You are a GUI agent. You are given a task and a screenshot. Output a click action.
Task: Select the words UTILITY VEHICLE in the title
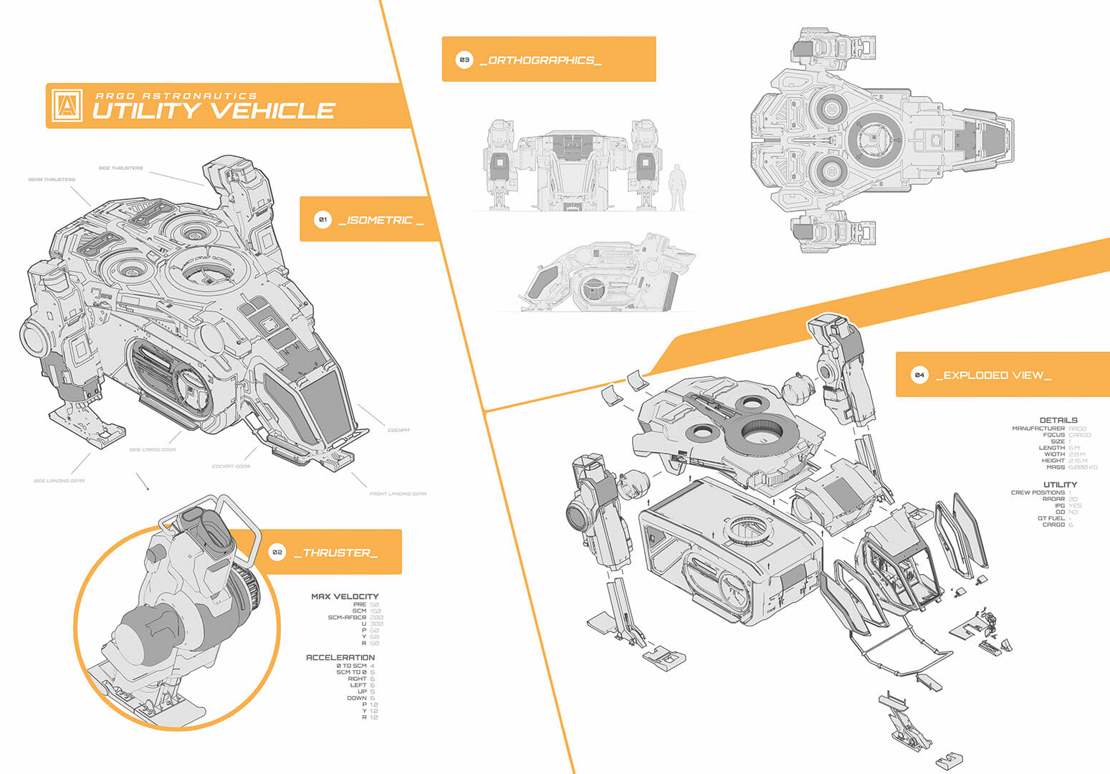tap(214, 110)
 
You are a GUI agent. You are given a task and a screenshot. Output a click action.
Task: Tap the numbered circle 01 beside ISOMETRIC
tap(322, 219)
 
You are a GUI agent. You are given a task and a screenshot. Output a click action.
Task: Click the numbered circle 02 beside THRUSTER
tap(277, 553)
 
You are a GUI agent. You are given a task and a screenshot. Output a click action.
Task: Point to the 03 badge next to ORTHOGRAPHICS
tap(464, 60)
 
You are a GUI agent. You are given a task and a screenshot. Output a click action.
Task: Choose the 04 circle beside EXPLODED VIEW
tap(919, 375)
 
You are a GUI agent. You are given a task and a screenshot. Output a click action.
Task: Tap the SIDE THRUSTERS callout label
tap(120, 168)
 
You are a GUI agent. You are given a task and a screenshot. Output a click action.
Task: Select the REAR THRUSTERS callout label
tap(52, 180)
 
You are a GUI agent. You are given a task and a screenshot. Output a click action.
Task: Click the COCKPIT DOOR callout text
tap(231, 467)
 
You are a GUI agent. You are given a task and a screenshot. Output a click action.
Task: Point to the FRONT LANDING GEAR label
tap(398, 494)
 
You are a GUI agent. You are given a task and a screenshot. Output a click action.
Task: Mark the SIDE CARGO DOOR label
tap(152, 450)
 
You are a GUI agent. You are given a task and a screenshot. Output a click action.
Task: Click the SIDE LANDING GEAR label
tap(59, 481)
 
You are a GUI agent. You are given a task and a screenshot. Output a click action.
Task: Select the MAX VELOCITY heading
tap(345, 596)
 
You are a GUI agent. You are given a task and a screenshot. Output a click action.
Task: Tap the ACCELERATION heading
tap(340, 657)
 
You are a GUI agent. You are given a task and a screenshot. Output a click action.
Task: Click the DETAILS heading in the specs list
tap(1058, 421)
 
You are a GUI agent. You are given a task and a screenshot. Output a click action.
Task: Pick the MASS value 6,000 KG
tap(1083, 467)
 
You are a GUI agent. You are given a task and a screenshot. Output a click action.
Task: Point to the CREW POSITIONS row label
tap(1038, 493)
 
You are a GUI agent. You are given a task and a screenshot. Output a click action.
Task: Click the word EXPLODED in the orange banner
tap(971, 376)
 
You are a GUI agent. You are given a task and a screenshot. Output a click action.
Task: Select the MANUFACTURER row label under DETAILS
tap(1038, 429)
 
